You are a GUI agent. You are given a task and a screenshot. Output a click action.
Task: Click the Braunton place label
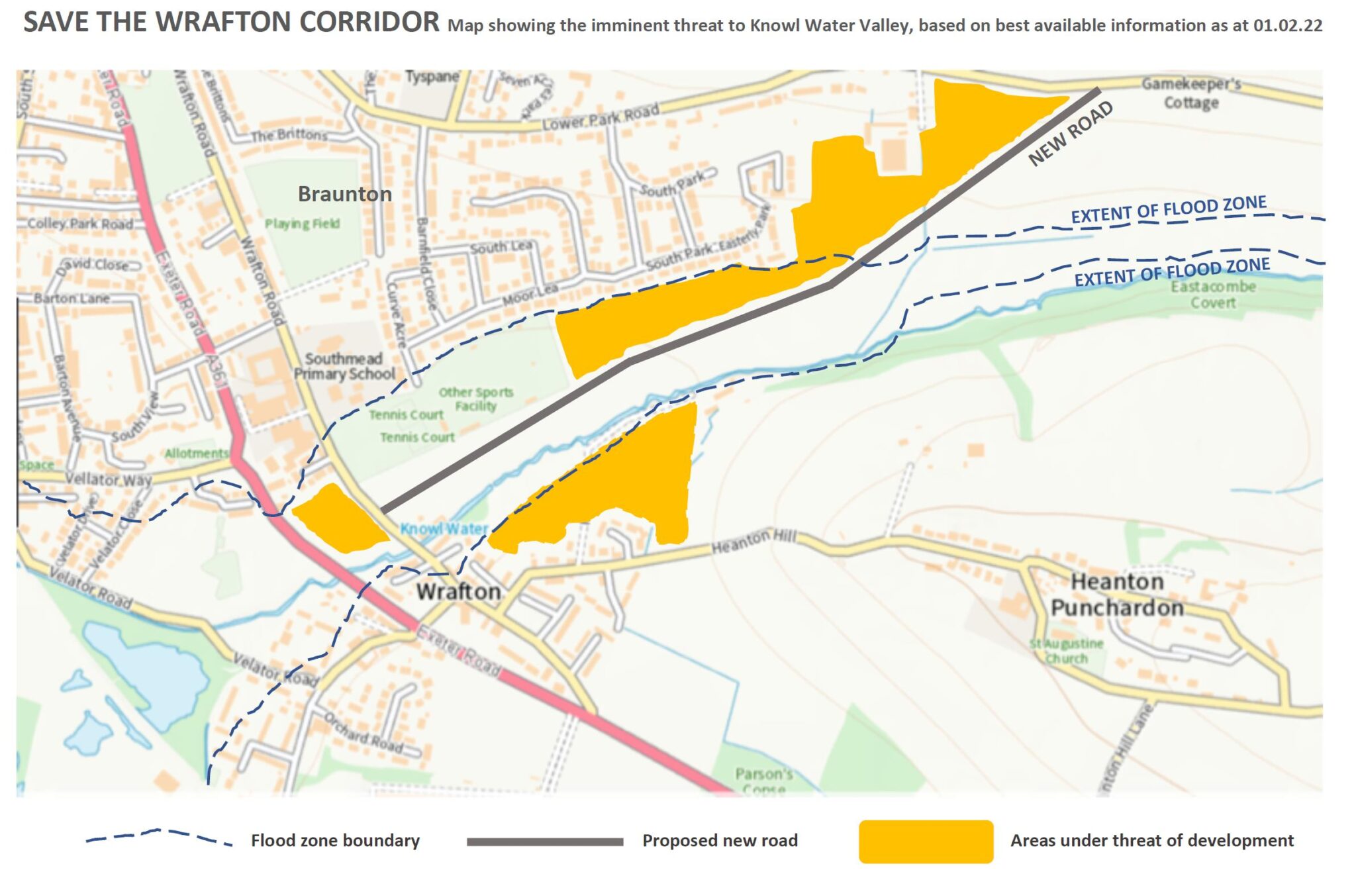[344, 194]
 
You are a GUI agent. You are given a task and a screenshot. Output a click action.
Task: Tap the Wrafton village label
[458, 591]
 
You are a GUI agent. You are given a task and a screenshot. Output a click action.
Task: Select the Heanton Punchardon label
[1117, 595]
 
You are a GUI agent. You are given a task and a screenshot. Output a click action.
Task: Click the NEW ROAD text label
[1070, 134]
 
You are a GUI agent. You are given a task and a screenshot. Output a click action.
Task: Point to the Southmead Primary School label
[344, 366]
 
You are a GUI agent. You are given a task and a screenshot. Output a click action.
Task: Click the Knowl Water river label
[444, 529]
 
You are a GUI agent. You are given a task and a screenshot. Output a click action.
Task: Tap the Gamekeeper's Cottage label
[1191, 93]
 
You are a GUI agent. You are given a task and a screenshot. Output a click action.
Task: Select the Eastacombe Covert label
[1212, 295]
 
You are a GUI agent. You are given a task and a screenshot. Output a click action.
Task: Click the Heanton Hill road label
[753, 542]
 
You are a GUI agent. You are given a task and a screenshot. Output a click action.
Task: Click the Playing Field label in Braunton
[302, 224]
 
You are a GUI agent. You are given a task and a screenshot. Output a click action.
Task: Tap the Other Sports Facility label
[475, 399]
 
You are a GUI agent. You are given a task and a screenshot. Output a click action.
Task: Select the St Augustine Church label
[1066, 651]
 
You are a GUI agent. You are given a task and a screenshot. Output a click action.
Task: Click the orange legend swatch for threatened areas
[926, 842]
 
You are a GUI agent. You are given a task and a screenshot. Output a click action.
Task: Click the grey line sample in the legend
[544, 842]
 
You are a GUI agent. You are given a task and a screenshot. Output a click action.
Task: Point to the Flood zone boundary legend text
[335, 841]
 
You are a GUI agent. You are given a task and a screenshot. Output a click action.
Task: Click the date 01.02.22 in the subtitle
[1287, 26]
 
